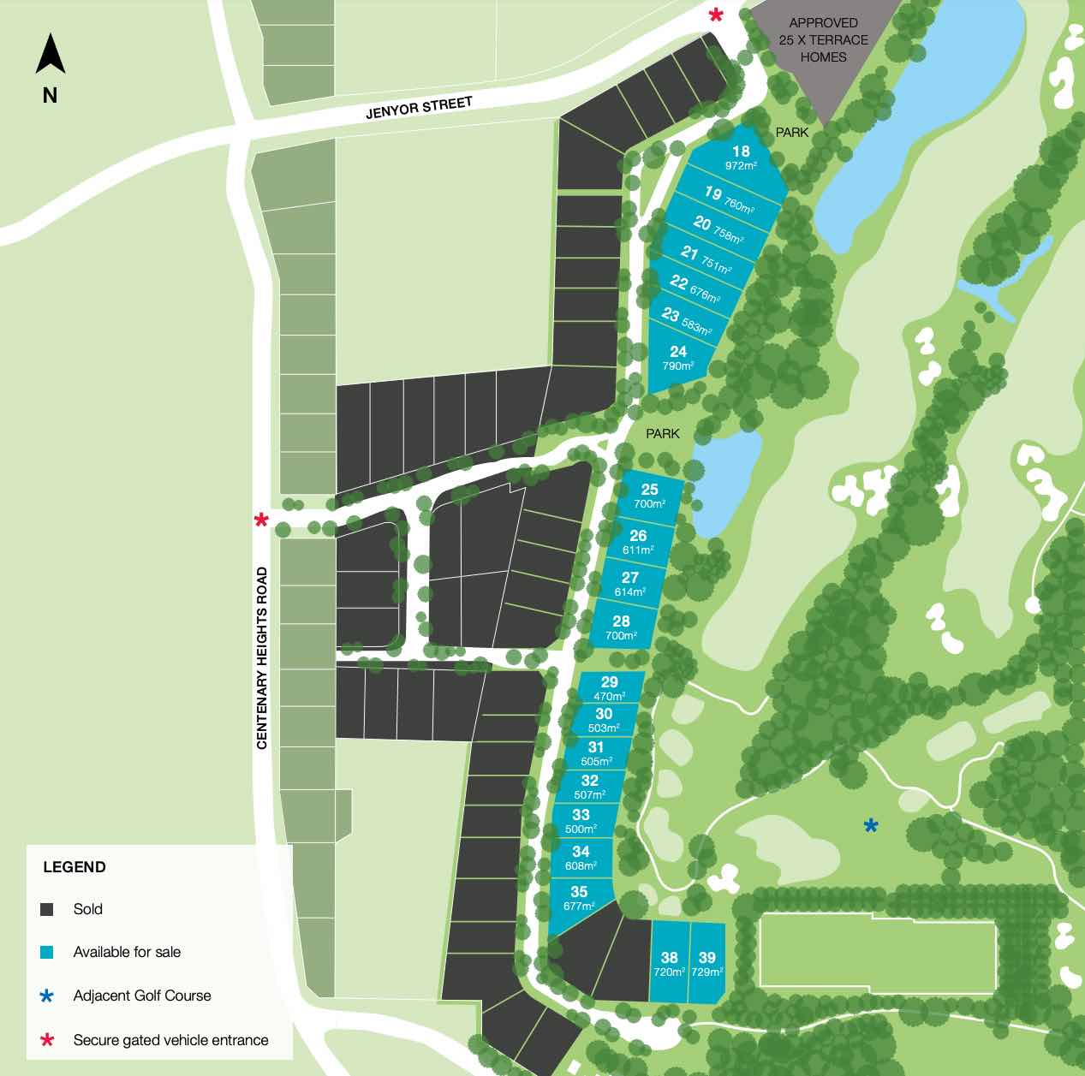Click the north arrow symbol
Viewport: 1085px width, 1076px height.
[51, 55]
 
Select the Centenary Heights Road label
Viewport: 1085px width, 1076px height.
[262, 657]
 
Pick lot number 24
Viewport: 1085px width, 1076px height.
[678, 358]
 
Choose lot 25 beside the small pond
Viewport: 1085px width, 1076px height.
[649, 495]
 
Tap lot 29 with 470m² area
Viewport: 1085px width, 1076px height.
[609, 687]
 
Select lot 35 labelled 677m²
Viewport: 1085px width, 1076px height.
[579, 898]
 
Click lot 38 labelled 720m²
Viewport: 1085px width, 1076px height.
[669, 963]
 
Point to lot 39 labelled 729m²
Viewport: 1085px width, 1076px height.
[706, 963]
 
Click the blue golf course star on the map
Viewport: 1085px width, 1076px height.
[871, 825]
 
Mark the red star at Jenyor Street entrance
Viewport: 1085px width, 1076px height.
[716, 15]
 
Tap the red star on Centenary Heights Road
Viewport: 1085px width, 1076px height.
[261, 520]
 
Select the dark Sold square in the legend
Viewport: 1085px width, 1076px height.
[47, 910]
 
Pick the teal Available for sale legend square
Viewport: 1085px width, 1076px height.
[47, 952]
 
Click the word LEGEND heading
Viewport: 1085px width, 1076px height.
[75, 867]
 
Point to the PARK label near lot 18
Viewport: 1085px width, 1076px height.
[792, 133]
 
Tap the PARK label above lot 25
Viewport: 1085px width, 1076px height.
[663, 434]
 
